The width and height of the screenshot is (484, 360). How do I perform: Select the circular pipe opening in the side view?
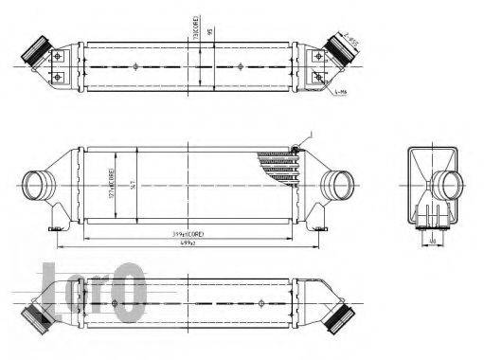(x=448, y=184)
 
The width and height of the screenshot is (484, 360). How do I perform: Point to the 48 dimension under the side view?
(x=432, y=240)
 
